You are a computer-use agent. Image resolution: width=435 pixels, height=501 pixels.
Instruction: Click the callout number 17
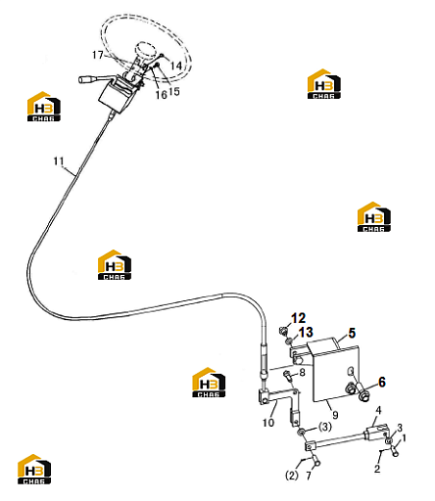tap(98, 55)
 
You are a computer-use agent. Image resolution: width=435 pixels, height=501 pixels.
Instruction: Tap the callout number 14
tap(175, 66)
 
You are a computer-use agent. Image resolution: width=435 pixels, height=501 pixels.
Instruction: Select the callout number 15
tap(174, 91)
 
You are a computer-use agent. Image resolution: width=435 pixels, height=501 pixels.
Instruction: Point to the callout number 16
tap(161, 95)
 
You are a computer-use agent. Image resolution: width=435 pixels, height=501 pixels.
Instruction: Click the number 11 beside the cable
tap(59, 161)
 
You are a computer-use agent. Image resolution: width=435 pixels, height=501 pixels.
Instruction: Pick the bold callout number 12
tap(298, 318)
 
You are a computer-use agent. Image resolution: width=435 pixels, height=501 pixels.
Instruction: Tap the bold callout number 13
tap(306, 332)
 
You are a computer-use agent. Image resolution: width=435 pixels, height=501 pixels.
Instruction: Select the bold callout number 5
tap(352, 333)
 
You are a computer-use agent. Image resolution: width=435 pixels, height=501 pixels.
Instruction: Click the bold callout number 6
tap(382, 382)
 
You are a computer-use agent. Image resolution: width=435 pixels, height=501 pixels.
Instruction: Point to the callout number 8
tap(302, 372)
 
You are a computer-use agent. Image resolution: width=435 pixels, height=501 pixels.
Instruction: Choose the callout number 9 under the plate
tap(335, 415)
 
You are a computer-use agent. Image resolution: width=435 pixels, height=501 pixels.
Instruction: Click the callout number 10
tap(268, 423)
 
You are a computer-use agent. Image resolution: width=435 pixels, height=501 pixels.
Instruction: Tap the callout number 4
tap(378, 410)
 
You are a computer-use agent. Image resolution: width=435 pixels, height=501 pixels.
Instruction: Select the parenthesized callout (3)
tap(324, 427)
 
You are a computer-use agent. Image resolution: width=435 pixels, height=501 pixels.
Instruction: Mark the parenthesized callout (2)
tap(292, 475)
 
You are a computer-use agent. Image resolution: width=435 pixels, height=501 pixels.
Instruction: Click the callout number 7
tap(309, 476)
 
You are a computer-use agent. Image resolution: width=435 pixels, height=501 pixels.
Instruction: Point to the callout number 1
tap(404, 437)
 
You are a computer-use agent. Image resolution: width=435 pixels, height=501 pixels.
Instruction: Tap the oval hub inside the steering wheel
tap(145, 50)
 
